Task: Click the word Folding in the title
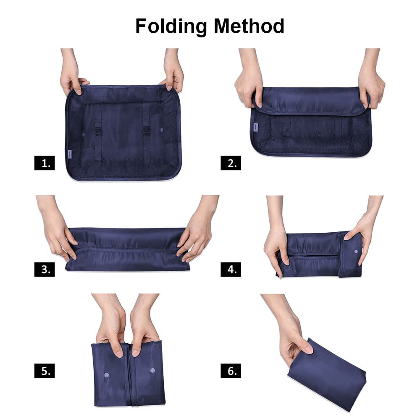pos(171,26)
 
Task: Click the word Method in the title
pos(249,26)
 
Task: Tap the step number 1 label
pos(45,163)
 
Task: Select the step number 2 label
pos(231,163)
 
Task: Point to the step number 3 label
pos(45,269)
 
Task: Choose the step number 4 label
pos(231,269)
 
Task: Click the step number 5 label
pos(45,371)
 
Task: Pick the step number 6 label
pos(231,371)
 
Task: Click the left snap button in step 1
pos(83,134)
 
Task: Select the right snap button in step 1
pos(162,130)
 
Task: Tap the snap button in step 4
pos(356,252)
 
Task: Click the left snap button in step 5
pos(106,375)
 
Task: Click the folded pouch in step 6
pos(327,375)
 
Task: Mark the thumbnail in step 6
pos(309,349)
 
